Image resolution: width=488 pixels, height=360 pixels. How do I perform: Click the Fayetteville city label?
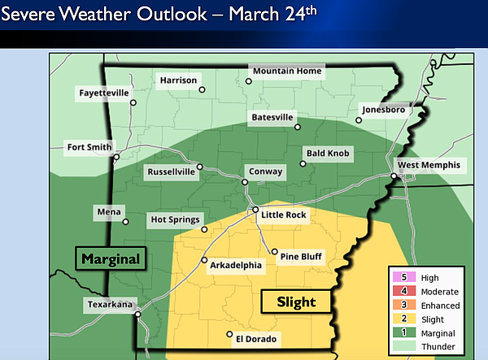[x=104, y=93]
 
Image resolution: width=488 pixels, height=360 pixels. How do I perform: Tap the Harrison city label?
[x=177, y=80]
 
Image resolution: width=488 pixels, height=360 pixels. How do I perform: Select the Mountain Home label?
[x=287, y=72]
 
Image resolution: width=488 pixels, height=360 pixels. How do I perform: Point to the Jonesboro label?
[x=383, y=110]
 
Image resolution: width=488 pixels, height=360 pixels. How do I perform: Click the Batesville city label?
[x=269, y=117]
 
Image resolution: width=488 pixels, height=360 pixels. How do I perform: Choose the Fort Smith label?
[x=89, y=147]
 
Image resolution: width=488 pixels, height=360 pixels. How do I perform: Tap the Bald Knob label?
[x=327, y=153]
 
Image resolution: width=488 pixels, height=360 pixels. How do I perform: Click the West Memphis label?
[x=429, y=165]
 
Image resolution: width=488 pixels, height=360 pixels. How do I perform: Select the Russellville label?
[x=171, y=172]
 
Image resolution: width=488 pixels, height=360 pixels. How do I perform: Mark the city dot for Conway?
[x=246, y=181]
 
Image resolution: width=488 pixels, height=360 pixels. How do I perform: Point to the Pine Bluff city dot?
[x=275, y=252]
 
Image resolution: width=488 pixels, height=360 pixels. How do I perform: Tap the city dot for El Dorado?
[x=229, y=333]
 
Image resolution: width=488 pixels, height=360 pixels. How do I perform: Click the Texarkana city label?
[x=111, y=306]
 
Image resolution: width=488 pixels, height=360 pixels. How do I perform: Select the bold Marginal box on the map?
[x=111, y=259]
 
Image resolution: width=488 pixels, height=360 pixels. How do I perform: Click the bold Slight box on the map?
[x=296, y=301]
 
